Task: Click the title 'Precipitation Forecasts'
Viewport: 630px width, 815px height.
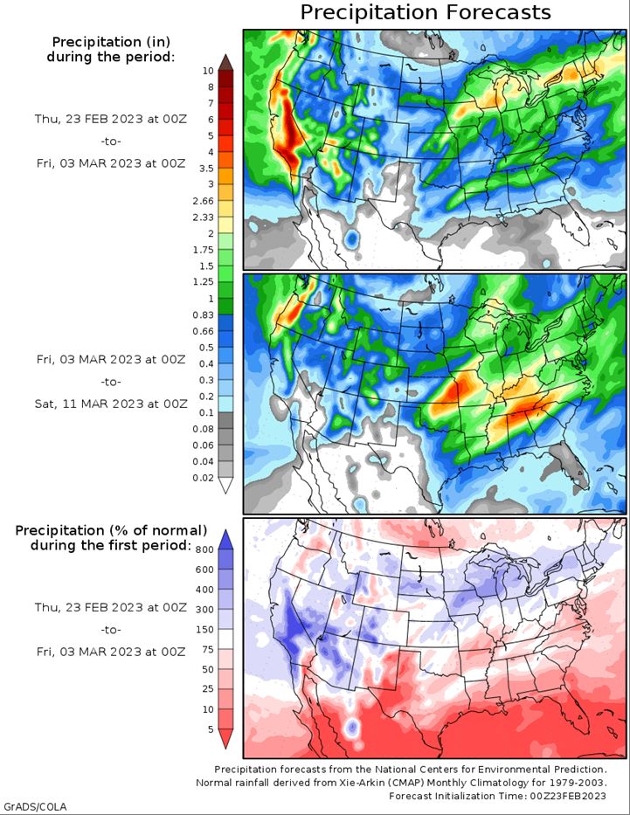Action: pos(426,12)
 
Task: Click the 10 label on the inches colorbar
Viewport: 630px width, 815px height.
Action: pos(208,71)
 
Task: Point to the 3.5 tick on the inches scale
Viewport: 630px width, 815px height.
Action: pos(206,169)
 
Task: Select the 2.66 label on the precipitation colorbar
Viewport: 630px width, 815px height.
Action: pos(204,201)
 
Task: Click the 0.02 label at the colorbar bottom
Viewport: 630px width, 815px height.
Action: pos(204,477)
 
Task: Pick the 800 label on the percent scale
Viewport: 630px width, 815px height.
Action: pos(204,549)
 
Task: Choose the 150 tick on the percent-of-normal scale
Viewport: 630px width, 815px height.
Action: pos(204,630)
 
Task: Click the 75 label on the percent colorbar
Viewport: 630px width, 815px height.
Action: pos(208,649)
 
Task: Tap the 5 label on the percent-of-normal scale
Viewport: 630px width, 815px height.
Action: pos(211,729)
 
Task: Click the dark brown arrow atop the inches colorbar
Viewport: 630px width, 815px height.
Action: pos(225,62)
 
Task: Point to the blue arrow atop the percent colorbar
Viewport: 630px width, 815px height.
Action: pos(225,540)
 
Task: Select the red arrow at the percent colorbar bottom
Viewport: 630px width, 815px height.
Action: pos(225,739)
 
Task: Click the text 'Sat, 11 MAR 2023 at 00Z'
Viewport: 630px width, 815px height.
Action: pos(111,404)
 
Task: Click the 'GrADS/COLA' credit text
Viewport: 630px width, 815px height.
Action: pos(35,806)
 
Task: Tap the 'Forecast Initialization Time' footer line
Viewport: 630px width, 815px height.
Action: pos(497,796)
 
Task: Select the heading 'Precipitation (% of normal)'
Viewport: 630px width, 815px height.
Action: pos(111,531)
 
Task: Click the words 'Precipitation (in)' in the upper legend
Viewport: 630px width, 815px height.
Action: pos(111,42)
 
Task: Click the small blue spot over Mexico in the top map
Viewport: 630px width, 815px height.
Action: pos(352,239)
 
